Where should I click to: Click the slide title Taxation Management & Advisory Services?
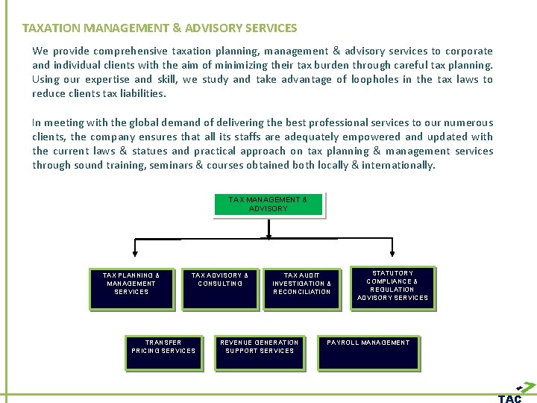(160, 28)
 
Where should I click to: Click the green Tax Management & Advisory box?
(268, 204)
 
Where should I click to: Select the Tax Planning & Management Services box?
(131, 287)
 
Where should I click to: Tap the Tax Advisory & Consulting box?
(220, 287)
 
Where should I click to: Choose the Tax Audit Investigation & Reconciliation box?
(301, 287)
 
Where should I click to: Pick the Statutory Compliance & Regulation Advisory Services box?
(392, 287)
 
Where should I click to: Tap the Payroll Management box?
(368, 352)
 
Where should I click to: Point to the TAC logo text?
(510, 399)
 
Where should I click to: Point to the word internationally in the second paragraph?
(398, 166)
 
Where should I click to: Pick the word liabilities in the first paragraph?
(142, 94)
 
